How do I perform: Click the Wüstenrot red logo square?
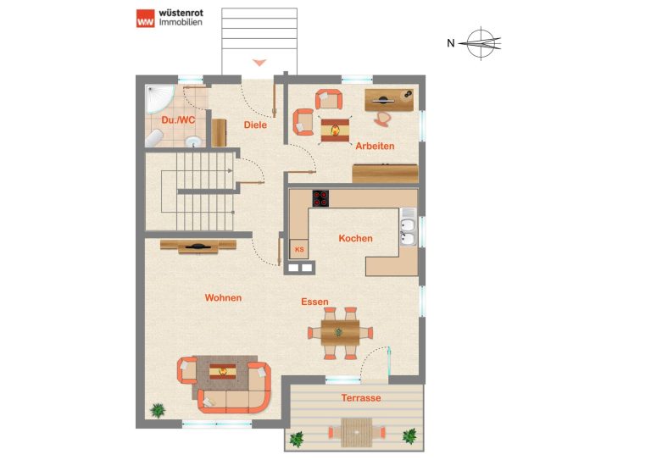pyautogui.click(x=145, y=19)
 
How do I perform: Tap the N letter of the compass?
pyautogui.click(x=451, y=42)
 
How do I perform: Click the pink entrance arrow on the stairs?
pyautogui.click(x=259, y=63)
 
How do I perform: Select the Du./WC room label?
pyautogui.click(x=178, y=120)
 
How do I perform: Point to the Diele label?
pyautogui.click(x=255, y=125)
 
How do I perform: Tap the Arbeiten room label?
pyautogui.click(x=375, y=146)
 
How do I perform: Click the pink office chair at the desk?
pyautogui.click(x=383, y=119)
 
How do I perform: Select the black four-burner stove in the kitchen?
pyautogui.click(x=320, y=198)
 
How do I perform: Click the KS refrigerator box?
pyautogui.click(x=299, y=249)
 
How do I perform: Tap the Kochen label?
pyautogui.click(x=355, y=239)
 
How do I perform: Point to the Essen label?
pyautogui.click(x=314, y=302)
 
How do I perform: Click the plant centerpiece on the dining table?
pyautogui.click(x=339, y=332)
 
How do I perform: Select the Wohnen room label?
pyautogui.click(x=223, y=298)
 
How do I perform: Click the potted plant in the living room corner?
pyautogui.click(x=158, y=410)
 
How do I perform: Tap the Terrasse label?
pyautogui.click(x=361, y=398)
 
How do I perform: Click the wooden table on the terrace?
pyautogui.click(x=357, y=433)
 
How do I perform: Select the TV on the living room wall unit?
pyautogui.click(x=198, y=247)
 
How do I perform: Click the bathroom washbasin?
pyautogui.click(x=193, y=141)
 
